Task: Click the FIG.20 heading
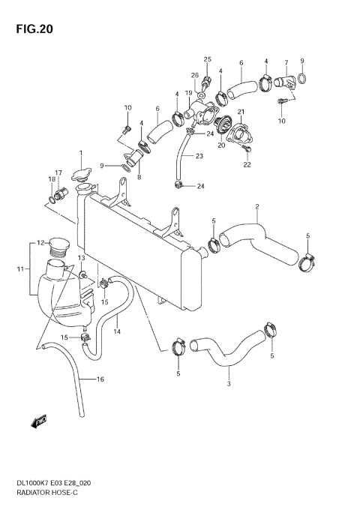tap(31, 29)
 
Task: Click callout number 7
tap(286, 62)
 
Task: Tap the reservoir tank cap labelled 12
tap(58, 245)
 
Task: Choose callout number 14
tap(117, 331)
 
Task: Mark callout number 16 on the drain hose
tap(100, 379)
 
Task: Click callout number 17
tap(58, 173)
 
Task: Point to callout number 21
tap(241, 112)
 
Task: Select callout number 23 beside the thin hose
tap(199, 156)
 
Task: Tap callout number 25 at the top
tap(207, 58)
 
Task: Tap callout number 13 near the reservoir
tap(81, 258)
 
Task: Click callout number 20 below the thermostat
tap(220, 145)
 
